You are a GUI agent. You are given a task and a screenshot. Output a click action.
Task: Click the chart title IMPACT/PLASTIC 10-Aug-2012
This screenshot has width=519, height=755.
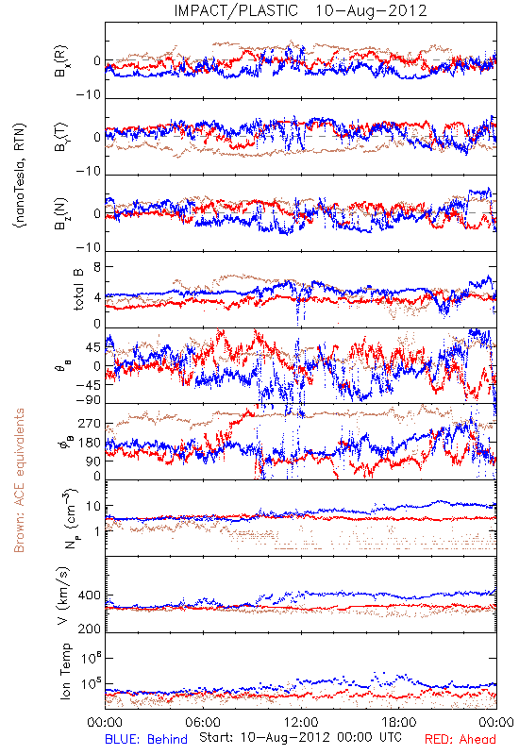[x=300, y=10]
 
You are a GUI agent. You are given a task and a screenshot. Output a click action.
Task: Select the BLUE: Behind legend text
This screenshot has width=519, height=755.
[x=146, y=739]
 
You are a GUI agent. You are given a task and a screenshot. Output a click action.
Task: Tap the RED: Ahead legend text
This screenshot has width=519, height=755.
[x=460, y=739]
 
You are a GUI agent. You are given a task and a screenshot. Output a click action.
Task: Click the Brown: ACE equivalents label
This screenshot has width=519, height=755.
[x=19, y=480]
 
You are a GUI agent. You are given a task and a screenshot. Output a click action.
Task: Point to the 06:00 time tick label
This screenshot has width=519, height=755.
[x=203, y=722]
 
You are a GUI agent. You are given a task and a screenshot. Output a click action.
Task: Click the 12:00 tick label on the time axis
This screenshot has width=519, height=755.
[x=301, y=722]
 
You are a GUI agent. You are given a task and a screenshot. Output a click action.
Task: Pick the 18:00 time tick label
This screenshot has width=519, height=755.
[x=399, y=722]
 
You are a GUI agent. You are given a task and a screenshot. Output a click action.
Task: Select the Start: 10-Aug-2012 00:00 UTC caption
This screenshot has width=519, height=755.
[x=300, y=737]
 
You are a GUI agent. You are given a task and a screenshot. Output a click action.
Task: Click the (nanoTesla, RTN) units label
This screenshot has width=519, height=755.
[x=20, y=176]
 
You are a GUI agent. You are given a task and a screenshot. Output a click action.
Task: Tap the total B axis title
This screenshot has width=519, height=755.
[x=78, y=290]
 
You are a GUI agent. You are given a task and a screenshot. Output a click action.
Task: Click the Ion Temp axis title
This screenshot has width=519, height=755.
[x=65, y=671]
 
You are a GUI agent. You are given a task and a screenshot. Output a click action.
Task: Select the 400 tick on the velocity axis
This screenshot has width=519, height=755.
[x=90, y=596]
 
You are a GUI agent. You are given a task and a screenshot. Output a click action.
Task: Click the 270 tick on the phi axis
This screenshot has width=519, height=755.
[x=90, y=424]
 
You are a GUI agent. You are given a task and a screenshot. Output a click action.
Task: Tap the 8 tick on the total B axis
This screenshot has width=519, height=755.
[x=97, y=267]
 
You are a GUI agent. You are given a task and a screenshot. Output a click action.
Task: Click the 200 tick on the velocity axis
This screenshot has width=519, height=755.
[x=90, y=629]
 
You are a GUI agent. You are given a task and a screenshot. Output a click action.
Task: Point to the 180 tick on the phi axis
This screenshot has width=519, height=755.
[x=90, y=443]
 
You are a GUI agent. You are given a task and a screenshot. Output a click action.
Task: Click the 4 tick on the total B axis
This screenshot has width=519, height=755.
[x=97, y=297]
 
